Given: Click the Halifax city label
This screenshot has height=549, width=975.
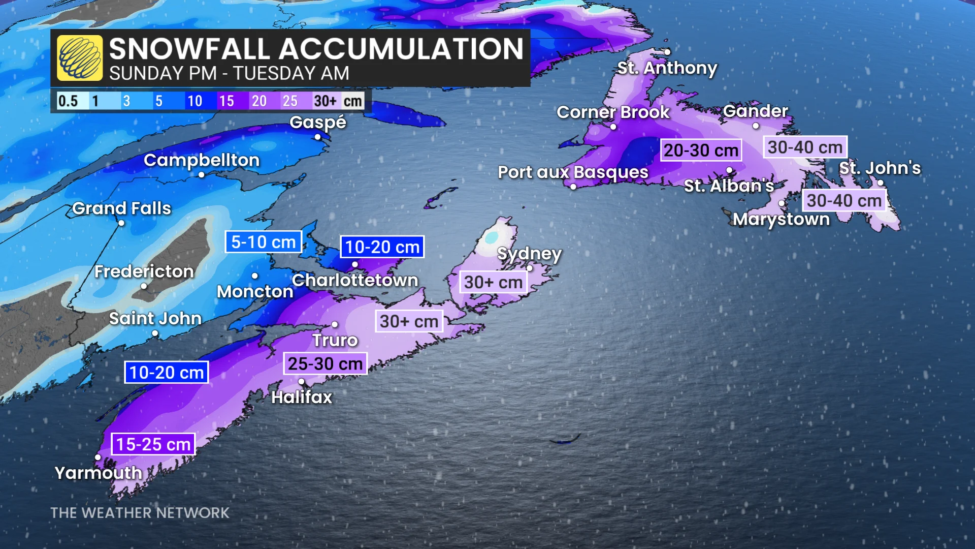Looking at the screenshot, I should [x=302, y=397].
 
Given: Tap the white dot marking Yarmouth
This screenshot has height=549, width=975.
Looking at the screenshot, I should [x=98, y=457].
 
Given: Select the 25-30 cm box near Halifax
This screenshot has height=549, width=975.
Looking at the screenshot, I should [x=325, y=364].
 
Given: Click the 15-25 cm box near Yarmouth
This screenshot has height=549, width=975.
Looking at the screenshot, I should [x=153, y=444].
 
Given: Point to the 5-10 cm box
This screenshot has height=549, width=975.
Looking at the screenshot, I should [x=263, y=242].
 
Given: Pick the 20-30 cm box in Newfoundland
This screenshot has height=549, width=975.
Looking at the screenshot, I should [x=701, y=150].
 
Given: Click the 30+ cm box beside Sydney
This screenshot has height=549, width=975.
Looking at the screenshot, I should [x=493, y=282].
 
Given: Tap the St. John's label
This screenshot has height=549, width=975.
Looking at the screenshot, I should [x=880, y=168].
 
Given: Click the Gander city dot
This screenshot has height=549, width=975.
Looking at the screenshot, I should [x=756, y=126].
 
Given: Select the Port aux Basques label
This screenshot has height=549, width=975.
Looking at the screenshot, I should [x=573, y=172].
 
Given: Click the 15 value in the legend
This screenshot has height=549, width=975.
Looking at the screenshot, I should [x=226, y=101].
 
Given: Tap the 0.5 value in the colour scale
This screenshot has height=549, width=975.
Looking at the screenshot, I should [x=68, y=101].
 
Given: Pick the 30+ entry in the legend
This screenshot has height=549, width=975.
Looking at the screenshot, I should [x=325, y=101].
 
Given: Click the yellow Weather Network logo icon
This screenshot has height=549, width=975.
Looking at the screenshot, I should [x=80, y=58].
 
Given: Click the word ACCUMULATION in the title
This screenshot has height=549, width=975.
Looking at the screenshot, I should [x=401, y=49].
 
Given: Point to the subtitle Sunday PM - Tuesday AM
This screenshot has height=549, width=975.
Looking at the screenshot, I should [x=229, y=74].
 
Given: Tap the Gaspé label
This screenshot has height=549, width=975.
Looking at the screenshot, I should [x=318, y=122].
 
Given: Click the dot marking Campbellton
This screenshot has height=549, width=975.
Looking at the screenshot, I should [x=202, y=175].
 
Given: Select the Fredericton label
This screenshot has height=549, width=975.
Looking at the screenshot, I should [x=144, y=271].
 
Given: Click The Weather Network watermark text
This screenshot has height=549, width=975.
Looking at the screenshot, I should [x=140, y=513].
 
